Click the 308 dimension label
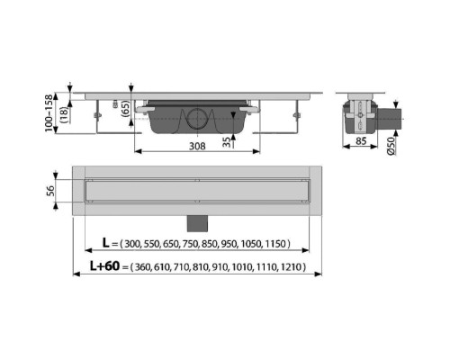(197, 146)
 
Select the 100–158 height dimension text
(49, 113)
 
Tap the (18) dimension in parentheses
(64, 114)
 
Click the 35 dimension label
(227, 142)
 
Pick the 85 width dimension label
(361, 140)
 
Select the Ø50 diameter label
(391, 146)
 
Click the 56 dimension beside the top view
(50, 191)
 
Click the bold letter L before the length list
(105, 243)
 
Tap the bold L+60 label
(104, 265)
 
